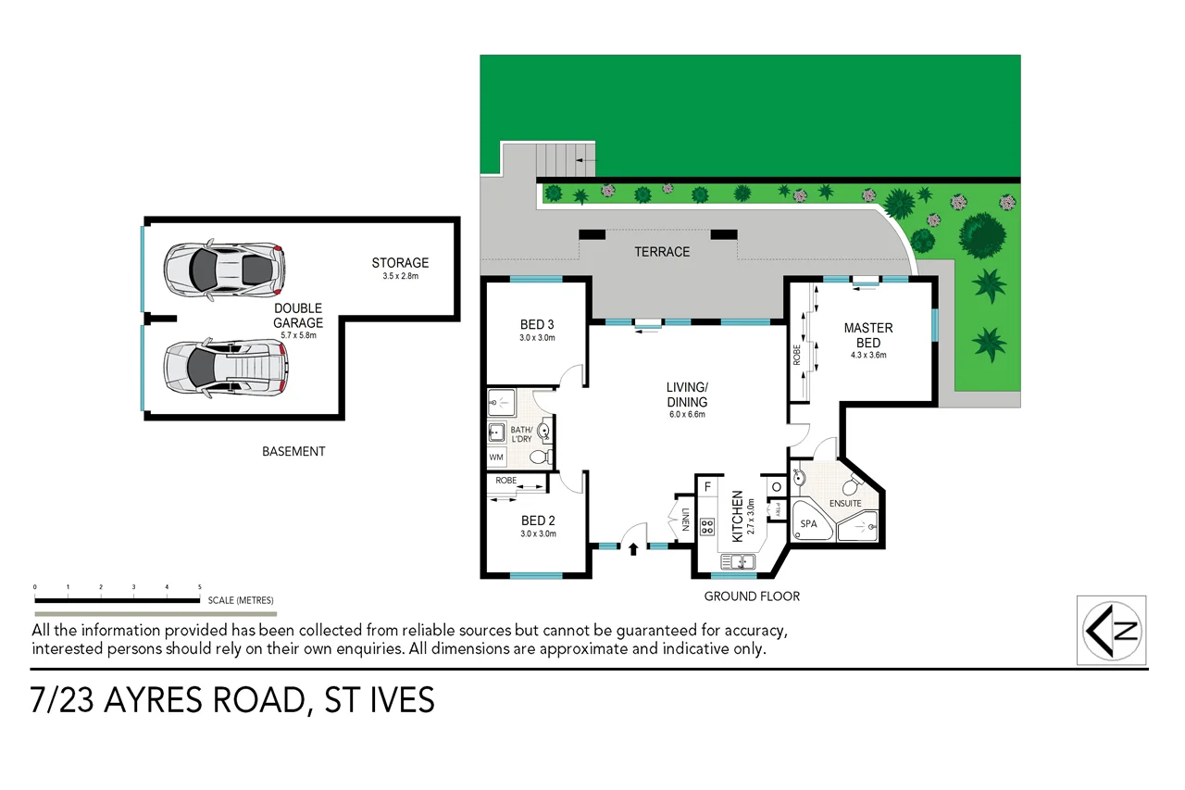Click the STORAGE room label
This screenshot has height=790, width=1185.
point(400,263)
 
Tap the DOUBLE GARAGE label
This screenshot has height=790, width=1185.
point(298,316)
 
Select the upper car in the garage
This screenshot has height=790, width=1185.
point(223,269)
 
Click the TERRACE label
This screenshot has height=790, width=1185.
point(662,252)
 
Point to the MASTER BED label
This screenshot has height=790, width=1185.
point(867,334)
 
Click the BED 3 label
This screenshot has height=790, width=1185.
point(537,324)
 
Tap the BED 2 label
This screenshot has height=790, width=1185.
point(537,520)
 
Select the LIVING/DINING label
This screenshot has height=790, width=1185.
point(687,395)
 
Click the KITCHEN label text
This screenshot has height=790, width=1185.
point(738,517)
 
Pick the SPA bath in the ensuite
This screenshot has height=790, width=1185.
point(809,522)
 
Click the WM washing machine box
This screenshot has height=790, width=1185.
point(496,458)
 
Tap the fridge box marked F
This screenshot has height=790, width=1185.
point(708,486)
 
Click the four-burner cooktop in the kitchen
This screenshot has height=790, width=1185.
point(708,526)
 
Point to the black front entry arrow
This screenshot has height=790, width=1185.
point(633,549)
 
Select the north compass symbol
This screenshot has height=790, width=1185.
point(1112,630)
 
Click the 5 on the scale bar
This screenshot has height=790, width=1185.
point(200,587)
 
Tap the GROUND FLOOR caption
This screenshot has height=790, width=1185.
point(752,596)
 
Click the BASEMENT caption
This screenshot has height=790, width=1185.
point(293,452)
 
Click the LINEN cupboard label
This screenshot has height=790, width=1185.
point(685,521)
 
